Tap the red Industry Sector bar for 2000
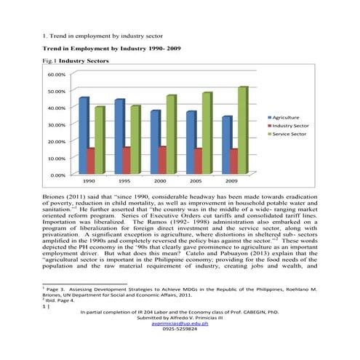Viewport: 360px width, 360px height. [x=162, y=159]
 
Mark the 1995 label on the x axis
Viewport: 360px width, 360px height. [x=124, y=180]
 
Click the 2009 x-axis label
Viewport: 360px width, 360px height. [x=231, y=180]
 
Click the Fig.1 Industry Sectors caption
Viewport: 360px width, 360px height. [x=76, y=62]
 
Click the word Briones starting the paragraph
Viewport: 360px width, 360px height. [x=59, y=196]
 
